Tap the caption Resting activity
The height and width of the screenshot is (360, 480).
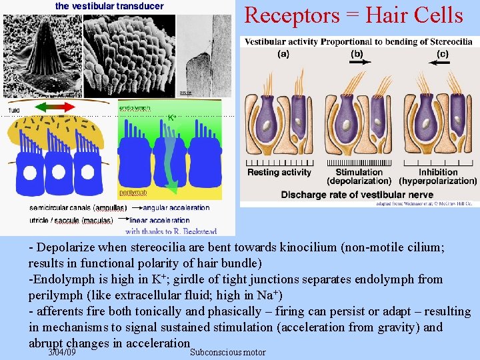pos(279,172)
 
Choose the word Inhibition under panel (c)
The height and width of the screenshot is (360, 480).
pos(438,172)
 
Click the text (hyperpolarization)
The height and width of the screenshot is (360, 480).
pos(438,181)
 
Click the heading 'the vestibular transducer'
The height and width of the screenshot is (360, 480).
pos(109,6)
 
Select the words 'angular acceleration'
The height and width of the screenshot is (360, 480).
pos(175,207)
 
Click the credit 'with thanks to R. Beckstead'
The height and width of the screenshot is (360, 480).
pos(171,231)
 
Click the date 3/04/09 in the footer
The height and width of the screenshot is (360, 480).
pos(62,352)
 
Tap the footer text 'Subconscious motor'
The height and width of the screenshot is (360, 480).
pos(227,352)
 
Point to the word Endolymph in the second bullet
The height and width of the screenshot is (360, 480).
pos(63,279)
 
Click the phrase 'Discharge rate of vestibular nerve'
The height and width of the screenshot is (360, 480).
pos(357,195)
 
